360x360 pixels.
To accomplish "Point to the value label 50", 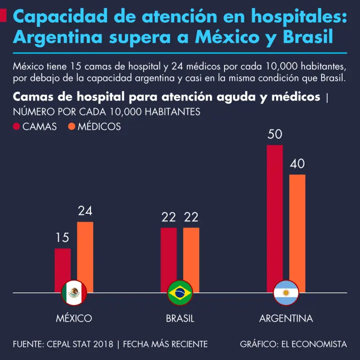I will click(x=275, y=135).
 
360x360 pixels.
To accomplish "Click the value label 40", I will click(x=297, y=164).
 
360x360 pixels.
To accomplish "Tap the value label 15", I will click(x=62, y=238).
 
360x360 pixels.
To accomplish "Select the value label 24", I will click(x=85, y=211).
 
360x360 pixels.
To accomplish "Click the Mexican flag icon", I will click(x=74, y=293).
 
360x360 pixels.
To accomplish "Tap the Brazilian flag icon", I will click(x=180, y=293).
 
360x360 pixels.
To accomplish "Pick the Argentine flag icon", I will click(x=286, y=293).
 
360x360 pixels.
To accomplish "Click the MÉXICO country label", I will click(x=74, y=318).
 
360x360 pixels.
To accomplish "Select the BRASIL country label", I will click(x=180, y=318).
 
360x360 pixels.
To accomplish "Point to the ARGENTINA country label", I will click(x=286, y=318).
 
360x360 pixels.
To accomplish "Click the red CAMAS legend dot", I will click(x=16, y=127).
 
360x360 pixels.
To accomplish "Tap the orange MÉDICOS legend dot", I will click(x=72, y=127).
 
